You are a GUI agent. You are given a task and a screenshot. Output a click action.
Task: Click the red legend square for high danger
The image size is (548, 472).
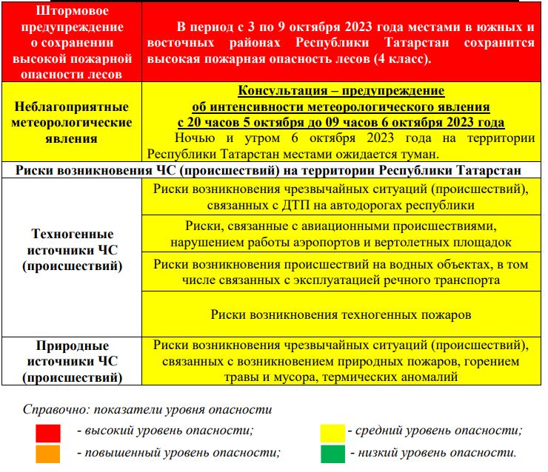48,433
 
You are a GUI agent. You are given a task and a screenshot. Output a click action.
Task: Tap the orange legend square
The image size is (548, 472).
48,454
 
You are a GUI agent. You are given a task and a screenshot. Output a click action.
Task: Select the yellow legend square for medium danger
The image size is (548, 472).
333,433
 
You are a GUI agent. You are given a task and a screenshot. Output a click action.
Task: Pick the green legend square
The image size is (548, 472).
333,453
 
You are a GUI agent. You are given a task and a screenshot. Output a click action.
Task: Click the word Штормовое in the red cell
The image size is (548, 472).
73,11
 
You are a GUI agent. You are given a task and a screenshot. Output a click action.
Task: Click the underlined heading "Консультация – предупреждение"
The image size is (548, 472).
341,91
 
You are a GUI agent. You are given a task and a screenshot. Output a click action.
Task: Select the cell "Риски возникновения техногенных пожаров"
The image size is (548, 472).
341,314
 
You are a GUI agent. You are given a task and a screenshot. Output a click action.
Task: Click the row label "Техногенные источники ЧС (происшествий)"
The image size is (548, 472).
73,249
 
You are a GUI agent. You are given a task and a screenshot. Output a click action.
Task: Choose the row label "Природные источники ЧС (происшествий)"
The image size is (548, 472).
73,361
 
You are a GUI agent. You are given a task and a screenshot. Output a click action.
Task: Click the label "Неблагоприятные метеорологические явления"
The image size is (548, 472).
73,122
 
